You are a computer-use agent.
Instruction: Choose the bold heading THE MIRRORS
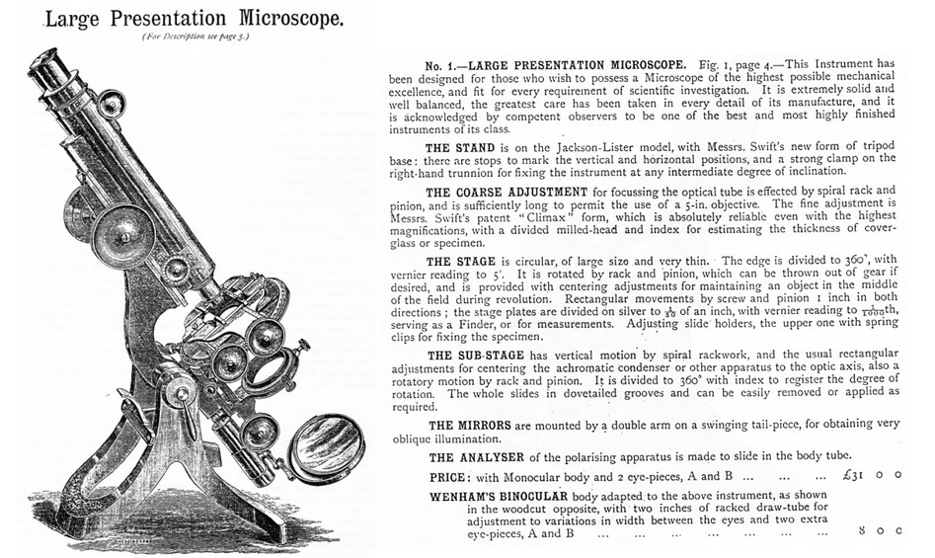(479, 425)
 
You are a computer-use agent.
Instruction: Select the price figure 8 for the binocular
(862, 533)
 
